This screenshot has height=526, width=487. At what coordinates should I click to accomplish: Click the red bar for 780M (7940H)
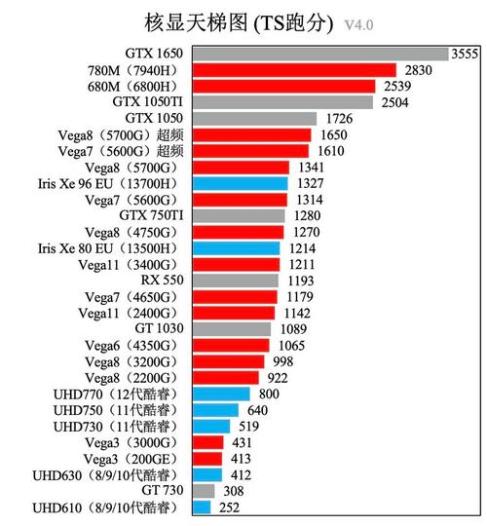tap(293, 69)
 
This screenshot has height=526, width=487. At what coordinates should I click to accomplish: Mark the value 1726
tap(364, 118)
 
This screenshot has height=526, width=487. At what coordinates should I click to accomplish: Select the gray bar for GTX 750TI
tap(239, 215)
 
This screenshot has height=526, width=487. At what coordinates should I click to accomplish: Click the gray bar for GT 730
tap(204, 492)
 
